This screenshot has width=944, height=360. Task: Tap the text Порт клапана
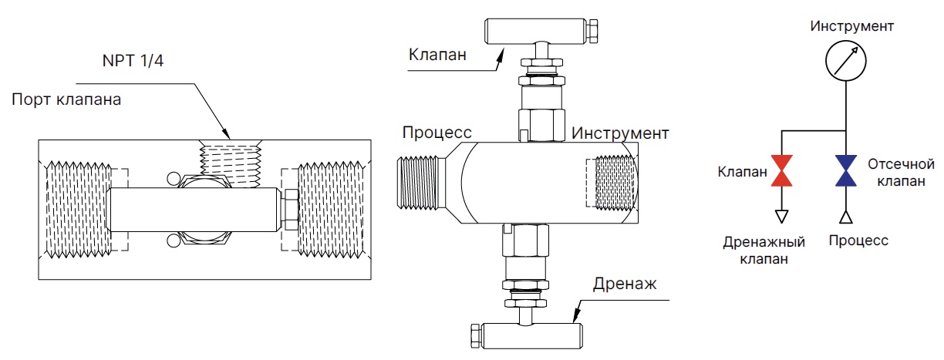(66, 100)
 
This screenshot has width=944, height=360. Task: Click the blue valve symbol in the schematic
(846, 170)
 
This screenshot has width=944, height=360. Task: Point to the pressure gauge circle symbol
(846, 61)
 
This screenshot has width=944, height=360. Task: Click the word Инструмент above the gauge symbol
(851, 26)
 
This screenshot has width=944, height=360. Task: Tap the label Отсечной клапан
(901, 173)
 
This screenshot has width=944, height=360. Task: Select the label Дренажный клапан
(764, 250)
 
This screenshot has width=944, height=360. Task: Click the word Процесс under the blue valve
(858, 241)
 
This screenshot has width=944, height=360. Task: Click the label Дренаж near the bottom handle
(624, 283)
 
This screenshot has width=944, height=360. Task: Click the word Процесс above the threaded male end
(437, 133)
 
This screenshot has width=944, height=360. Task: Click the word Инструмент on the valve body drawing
(619, 133)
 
